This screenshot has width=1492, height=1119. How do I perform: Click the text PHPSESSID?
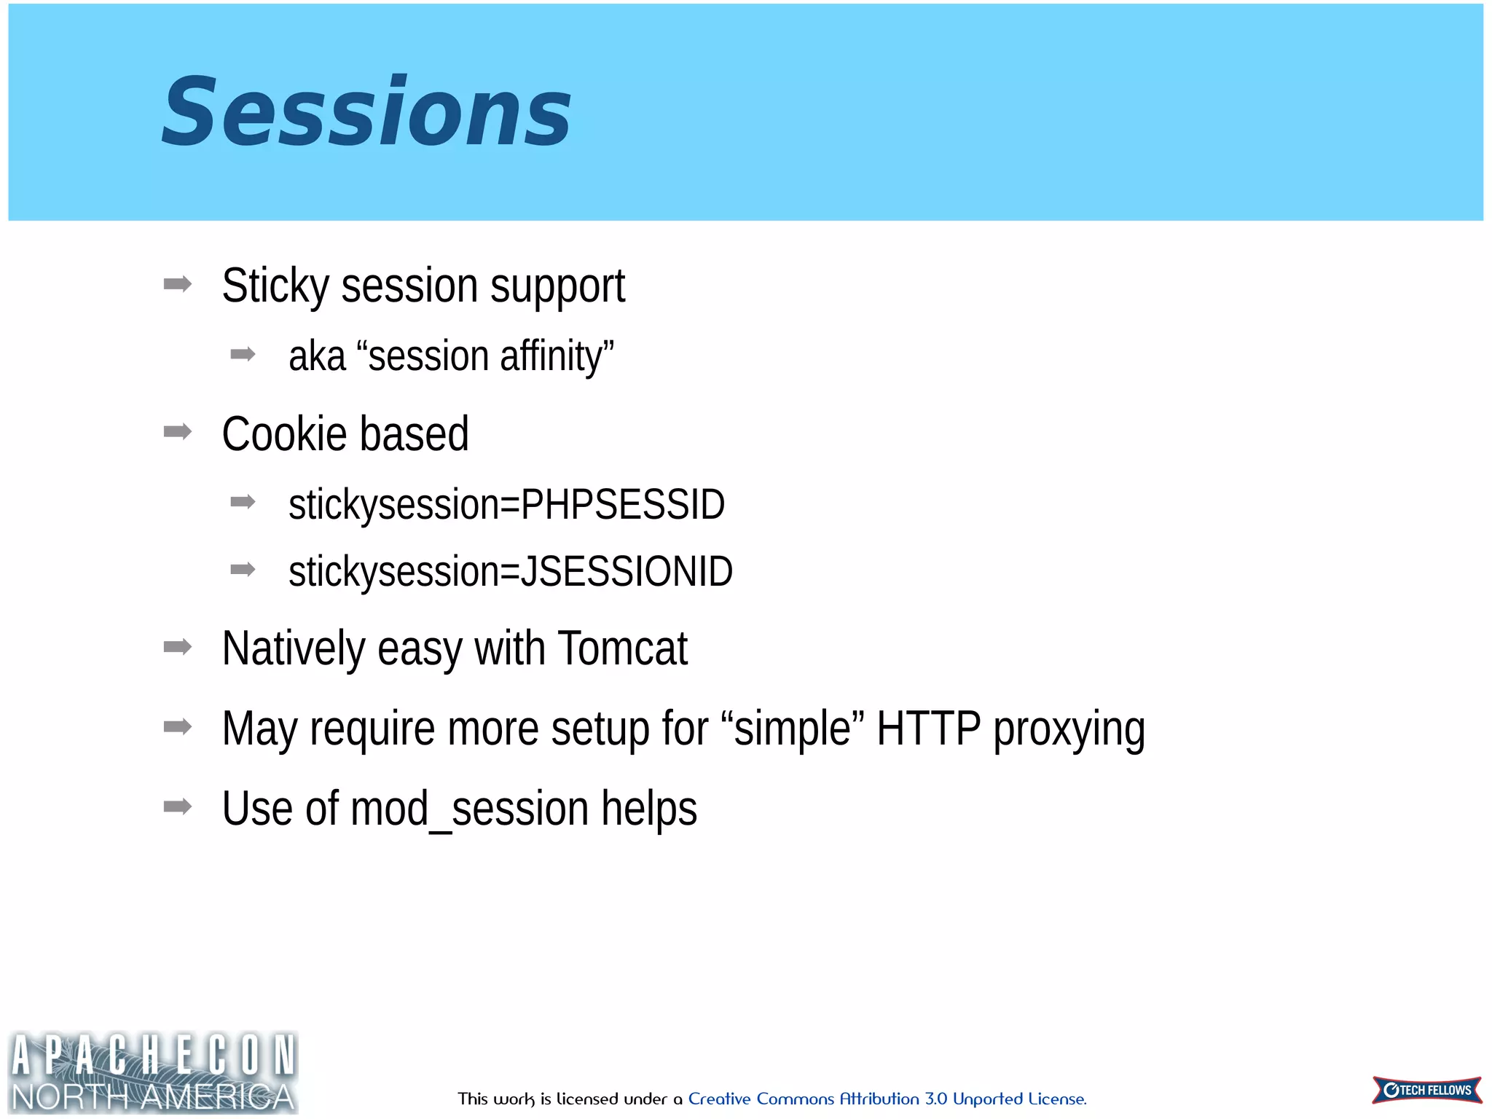(x=623, y=504)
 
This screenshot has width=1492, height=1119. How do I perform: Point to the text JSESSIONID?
(x=627, y=571)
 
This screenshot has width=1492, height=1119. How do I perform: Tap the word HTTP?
(x=928, y=728)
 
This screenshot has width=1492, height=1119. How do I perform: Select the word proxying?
(x=1069, y=729)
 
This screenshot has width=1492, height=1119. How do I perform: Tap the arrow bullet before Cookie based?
(x=178, y=432)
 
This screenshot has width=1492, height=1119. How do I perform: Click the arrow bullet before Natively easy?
(x=178, y=646)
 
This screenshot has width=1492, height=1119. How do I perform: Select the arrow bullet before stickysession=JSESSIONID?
(x=243, y=569)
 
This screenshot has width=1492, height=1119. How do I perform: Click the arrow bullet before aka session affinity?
(x=243, y=355)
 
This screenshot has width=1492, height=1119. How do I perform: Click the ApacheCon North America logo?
(x=153, y=1072)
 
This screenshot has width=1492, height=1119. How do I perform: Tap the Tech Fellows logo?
(x=1426, y=1090)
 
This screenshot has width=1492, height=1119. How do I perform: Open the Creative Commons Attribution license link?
(x=887, y=1099)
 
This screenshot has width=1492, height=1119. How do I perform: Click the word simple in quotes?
(x=793, y=728)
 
